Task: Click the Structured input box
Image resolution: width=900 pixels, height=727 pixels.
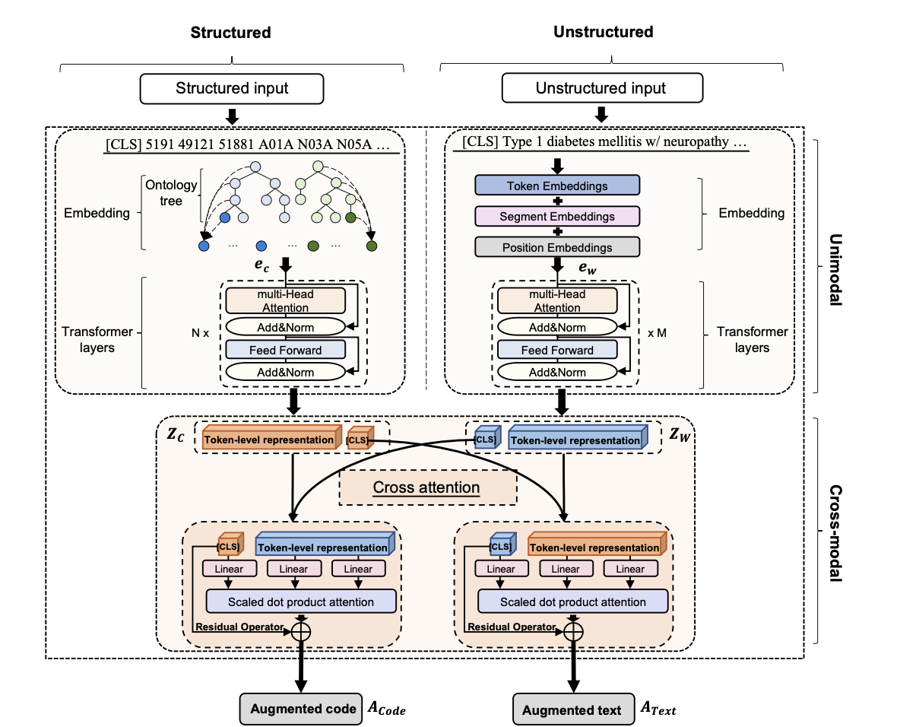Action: tap(233, 87)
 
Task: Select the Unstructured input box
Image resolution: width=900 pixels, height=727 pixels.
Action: tap(601, 87)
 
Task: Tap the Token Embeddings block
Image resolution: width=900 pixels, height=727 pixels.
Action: tap(557, 186)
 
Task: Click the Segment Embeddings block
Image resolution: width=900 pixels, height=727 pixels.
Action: tap(557, 216)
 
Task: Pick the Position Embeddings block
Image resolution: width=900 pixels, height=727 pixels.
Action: tap(557, 247)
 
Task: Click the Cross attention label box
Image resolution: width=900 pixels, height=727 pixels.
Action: tap(426, 487)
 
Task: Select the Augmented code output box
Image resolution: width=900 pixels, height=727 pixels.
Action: tap(301, 709)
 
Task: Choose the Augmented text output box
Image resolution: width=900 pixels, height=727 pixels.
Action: tap(572, 710)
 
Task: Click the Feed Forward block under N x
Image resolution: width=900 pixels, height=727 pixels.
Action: tap(285, 350)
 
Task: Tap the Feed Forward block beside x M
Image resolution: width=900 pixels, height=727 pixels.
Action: tap(557, 350)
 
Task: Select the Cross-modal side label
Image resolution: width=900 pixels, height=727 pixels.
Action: tap(835, 532)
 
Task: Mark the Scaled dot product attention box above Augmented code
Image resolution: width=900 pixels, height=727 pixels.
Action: tap(301, 602)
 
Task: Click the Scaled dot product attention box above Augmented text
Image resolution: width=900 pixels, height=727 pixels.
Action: tap(572, 602)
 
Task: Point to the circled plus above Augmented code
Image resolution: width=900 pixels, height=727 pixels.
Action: tap(301, 630)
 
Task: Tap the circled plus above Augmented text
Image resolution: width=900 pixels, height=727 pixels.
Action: tap(572, 630)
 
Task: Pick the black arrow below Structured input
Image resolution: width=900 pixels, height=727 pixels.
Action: tap(233, 116)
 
